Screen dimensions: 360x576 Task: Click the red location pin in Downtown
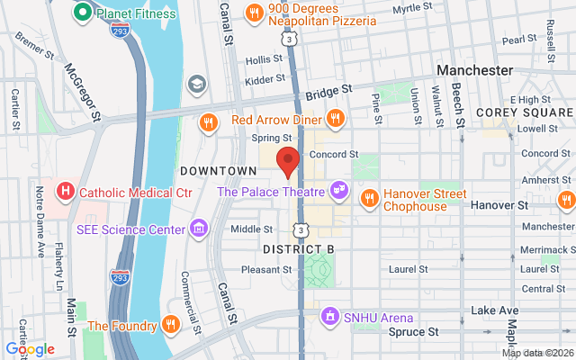pyautogui.click(x=287, y=161)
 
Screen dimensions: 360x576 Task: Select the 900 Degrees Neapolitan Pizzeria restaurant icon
pyautogui.click(x=255, y=13)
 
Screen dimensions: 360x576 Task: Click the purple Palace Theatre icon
pyautogui.click(x=338, y=191)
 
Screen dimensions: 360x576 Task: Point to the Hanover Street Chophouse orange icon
pyautogui.click(x=368, y=197)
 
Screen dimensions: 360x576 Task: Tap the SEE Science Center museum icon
pyautogui.click(x=198, y=229)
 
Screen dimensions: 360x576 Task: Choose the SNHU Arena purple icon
pyautogui.click(x=330, y=317)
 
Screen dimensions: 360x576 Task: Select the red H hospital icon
pyautogui.click(x=65, y=192)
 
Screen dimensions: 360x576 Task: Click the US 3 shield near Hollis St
pyautogui.click(x=288, y=39)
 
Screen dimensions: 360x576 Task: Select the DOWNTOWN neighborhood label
pyautogui.click(x=218, y=170)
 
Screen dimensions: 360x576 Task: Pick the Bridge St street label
pyautogui.click(x=326, y=93)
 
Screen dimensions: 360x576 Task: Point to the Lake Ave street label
pyautogui.click(x=491, y=310)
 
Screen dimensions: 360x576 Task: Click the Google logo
pyautogui.click(x=31, y=349)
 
